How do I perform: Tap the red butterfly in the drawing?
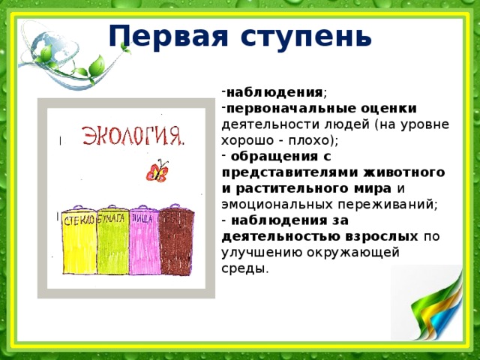(x=157, y=172)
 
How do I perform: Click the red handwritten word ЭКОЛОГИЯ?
(x=133, y=137)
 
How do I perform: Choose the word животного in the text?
(x=409, y=172)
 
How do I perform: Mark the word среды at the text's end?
(x=243, y=268)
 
